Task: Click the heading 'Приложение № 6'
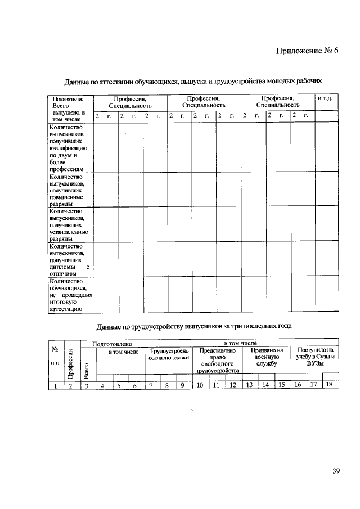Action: [308, 51]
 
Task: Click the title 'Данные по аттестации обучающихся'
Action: [193, 81]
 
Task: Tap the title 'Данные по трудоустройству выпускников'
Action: [194, 326]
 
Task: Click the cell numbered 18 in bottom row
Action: [330, 385]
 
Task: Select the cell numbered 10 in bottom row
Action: [200, 385]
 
